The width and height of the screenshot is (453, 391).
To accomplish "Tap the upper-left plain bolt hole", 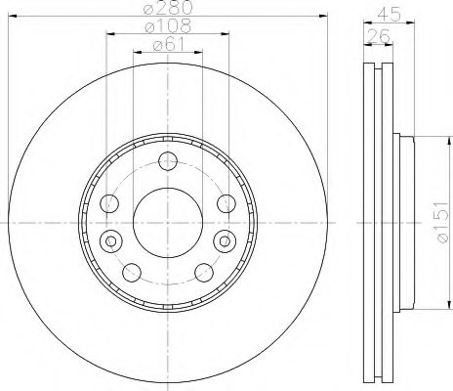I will point(110,204).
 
